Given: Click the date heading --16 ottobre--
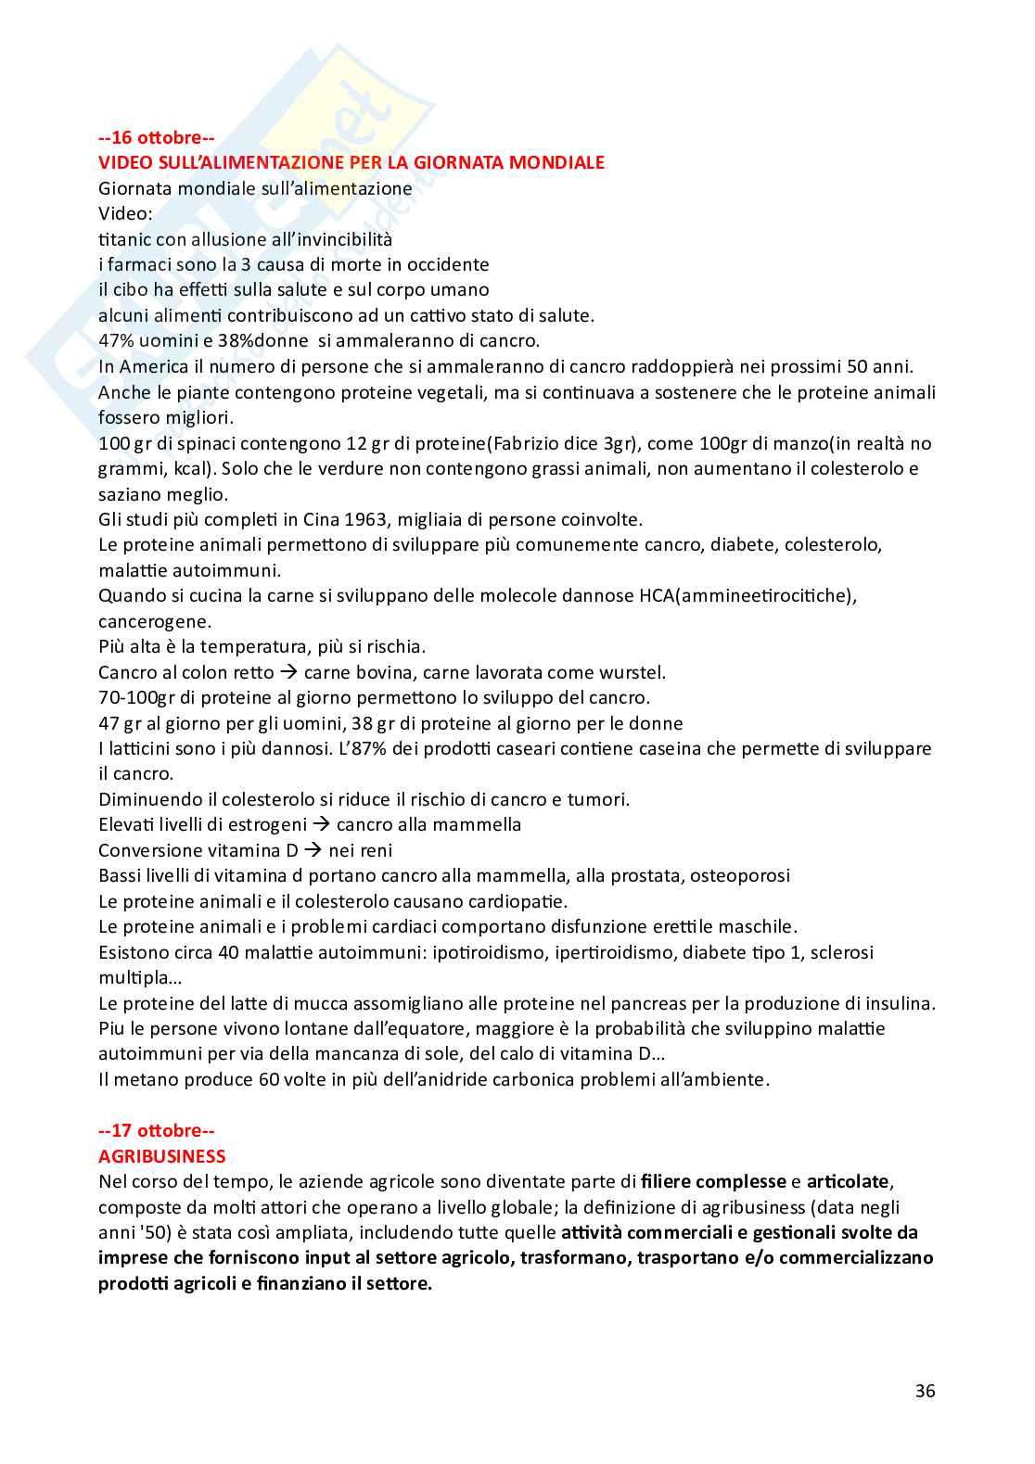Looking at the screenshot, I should (x=157, y=137).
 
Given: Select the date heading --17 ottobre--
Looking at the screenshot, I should (x=157, y=1130).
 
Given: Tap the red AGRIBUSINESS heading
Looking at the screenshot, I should (x=162, y=1156).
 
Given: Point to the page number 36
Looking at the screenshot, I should (x=925, y=1391).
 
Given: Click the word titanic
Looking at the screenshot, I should (x=124, y=239).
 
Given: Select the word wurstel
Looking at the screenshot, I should (x=631, y=672).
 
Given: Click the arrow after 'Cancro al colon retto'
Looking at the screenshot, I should (x=288, y=672).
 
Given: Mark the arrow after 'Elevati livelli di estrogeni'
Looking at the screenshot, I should (x=322, y=824).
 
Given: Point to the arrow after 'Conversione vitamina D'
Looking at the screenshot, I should (x=313, y=850).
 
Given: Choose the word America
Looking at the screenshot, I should (x=154, y=366).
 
